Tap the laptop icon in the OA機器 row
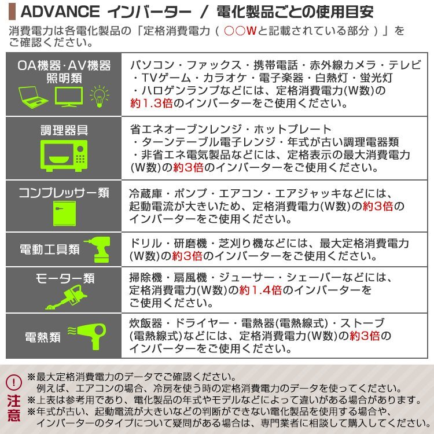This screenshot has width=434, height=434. pos(34,95)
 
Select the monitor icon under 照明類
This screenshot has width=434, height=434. pos(69,95)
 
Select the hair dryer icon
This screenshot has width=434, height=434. pos(90,335)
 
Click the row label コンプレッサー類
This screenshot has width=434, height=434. pos(64,193)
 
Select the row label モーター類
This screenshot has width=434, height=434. pos(64,278)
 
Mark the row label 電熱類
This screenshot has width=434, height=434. pos(42,336)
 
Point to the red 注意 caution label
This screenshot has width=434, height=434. pos(14,408)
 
